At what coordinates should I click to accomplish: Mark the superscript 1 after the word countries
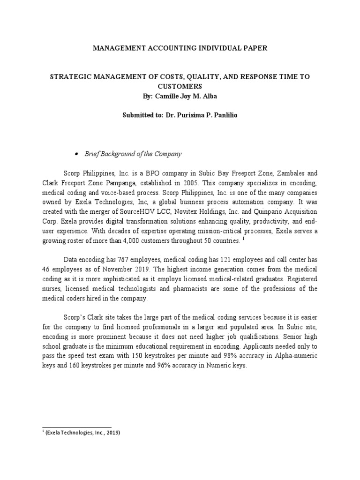point(244,239)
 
